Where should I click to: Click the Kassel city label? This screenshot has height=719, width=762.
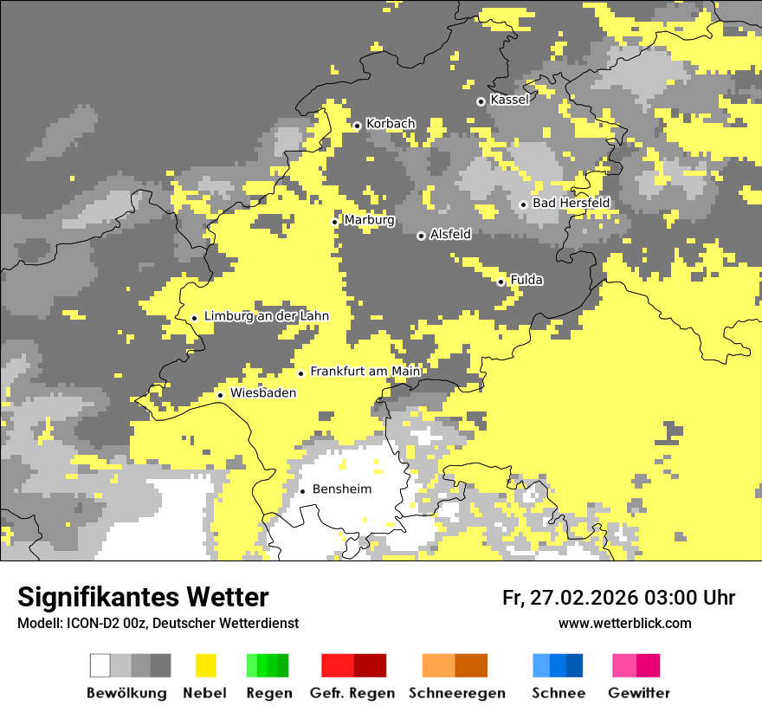coord(509,100)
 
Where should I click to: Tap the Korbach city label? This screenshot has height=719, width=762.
coord(391,124)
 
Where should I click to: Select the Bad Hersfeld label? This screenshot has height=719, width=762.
coord(571,203)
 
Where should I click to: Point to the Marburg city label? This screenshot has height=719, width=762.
coord(369,220)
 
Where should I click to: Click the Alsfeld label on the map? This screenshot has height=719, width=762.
coord(450,234)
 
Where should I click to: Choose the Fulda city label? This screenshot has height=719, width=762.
coord(526,280)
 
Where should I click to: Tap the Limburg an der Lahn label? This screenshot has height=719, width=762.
coord(267,316)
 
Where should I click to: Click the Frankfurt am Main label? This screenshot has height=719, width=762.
coord(365,372)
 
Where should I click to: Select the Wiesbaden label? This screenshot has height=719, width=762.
coord(263,393)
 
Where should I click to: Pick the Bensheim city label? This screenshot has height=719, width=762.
coord(342,489)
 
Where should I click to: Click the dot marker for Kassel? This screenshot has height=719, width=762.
coord(481,101)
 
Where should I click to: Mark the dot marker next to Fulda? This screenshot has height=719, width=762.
coord(501,282)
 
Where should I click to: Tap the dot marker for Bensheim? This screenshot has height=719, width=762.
coord(303,491)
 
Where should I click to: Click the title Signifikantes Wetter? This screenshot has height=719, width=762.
coord(143,597)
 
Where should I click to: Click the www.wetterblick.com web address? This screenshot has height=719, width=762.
coord(624,623)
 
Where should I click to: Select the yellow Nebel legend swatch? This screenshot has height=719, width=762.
coord(206,665)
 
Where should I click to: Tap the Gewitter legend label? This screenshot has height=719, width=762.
coord(638,693)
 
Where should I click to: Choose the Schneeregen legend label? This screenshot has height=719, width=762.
coord(457,693)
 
